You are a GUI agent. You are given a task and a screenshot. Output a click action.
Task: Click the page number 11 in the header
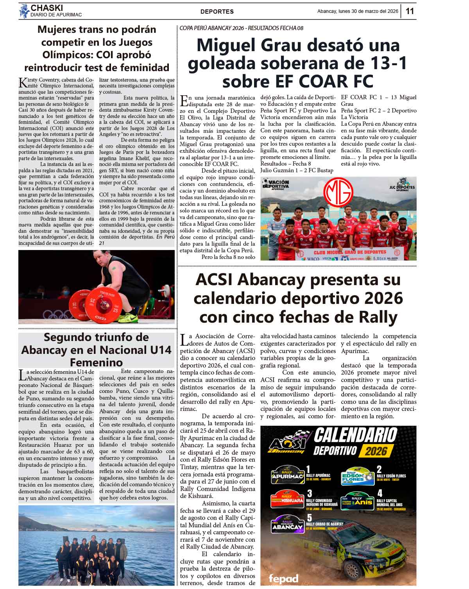(410, 11)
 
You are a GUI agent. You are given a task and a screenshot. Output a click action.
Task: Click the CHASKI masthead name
(47, 8)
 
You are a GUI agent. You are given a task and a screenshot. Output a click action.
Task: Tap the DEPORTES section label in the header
(217, 12)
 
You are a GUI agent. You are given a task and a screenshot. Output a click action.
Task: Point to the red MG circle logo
(338, 191)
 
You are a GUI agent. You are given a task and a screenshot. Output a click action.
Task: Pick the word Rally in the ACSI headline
(377, 317)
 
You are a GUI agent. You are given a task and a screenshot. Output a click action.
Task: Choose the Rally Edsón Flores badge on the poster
(358, 476)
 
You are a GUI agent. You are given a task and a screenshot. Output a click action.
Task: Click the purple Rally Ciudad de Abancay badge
(287, 524)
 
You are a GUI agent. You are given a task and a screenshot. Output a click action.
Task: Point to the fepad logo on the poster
(283, 578)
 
